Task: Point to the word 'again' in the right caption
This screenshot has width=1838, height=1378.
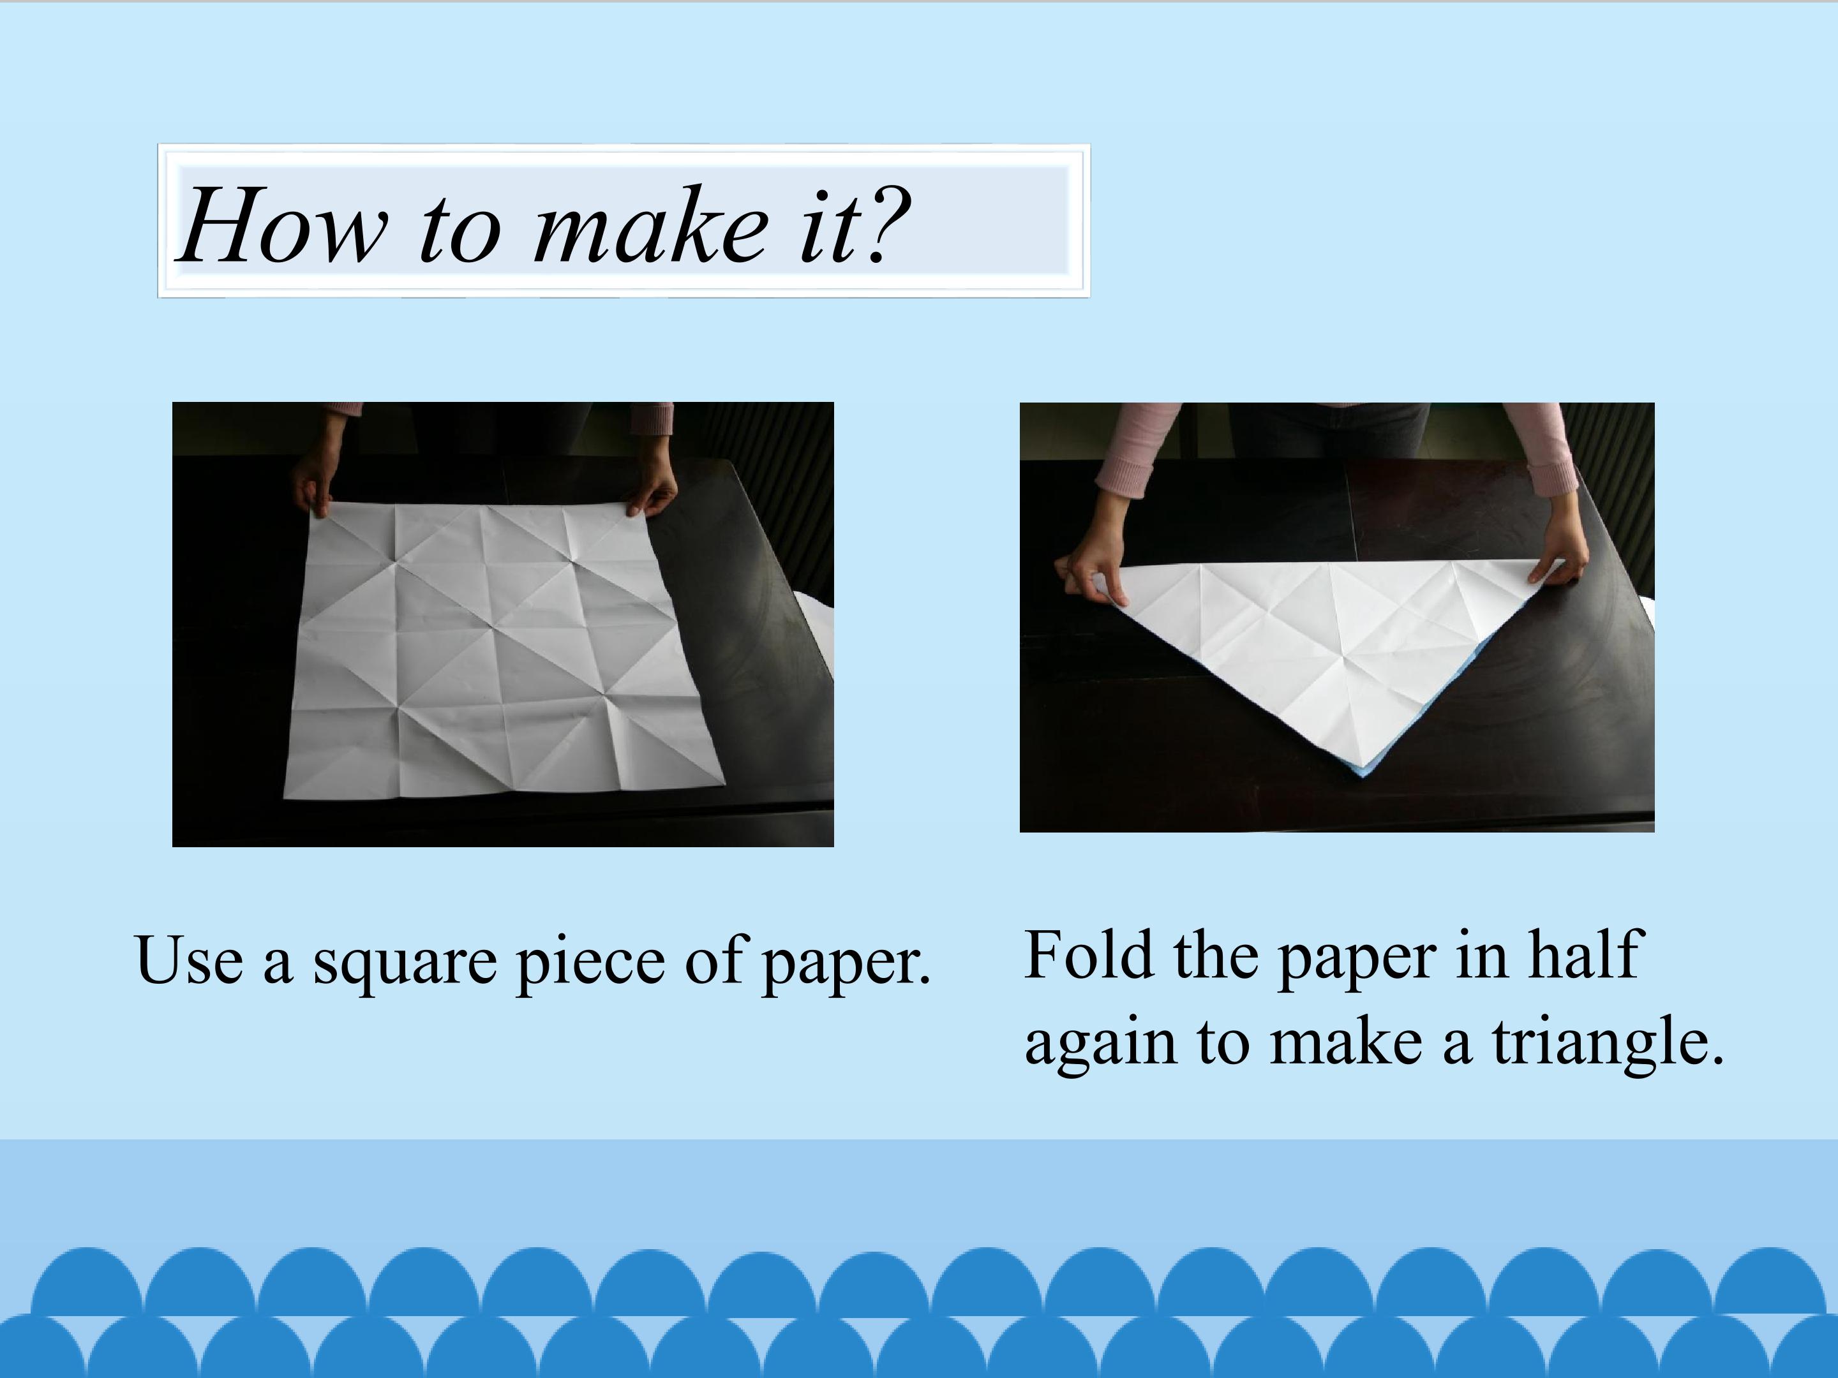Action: pos(1100,1046)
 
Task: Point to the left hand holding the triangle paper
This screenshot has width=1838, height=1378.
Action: pos(1092,577)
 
